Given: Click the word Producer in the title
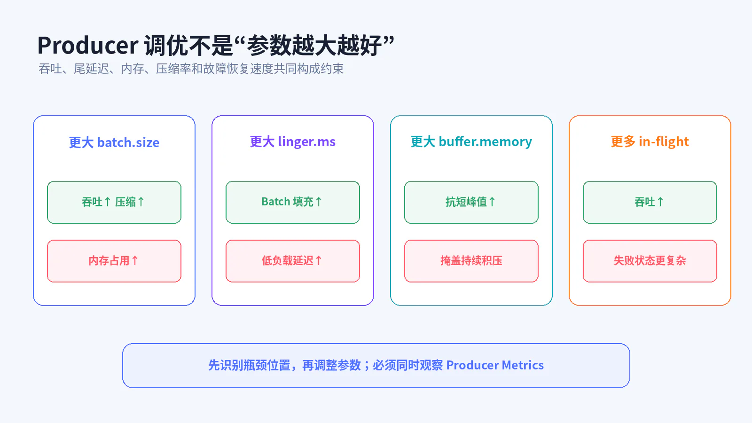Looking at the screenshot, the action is point(87,45).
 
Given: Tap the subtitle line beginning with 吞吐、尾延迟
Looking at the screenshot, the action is point(191,69).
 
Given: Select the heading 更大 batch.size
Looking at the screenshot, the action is point(114,142).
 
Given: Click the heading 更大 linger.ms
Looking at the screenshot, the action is point(293,141).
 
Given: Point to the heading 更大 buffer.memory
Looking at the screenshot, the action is point(471,141).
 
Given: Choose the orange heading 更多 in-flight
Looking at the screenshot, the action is point(650,141).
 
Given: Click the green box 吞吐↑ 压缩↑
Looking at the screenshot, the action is point(114,202).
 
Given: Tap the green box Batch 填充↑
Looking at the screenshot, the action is point(293,202).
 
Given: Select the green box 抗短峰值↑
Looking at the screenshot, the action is point(471,202).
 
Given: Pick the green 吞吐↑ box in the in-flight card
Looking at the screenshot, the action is point(650,202).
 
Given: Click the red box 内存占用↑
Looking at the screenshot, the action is point(114,261).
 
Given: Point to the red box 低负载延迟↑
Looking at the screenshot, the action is point(293,261).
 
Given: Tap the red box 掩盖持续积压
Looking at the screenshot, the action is point(471,261).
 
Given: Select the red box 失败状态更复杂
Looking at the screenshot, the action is point(650,261).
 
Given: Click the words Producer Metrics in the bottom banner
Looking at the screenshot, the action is point(495,365).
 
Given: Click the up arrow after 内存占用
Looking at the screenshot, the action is point(135,260).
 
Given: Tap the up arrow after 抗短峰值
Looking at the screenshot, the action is point(492,202).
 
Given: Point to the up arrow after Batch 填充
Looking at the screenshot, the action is point(319,202).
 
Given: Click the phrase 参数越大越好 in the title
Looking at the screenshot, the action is point(314,45).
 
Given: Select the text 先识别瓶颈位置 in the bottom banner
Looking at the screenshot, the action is point(249,365).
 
